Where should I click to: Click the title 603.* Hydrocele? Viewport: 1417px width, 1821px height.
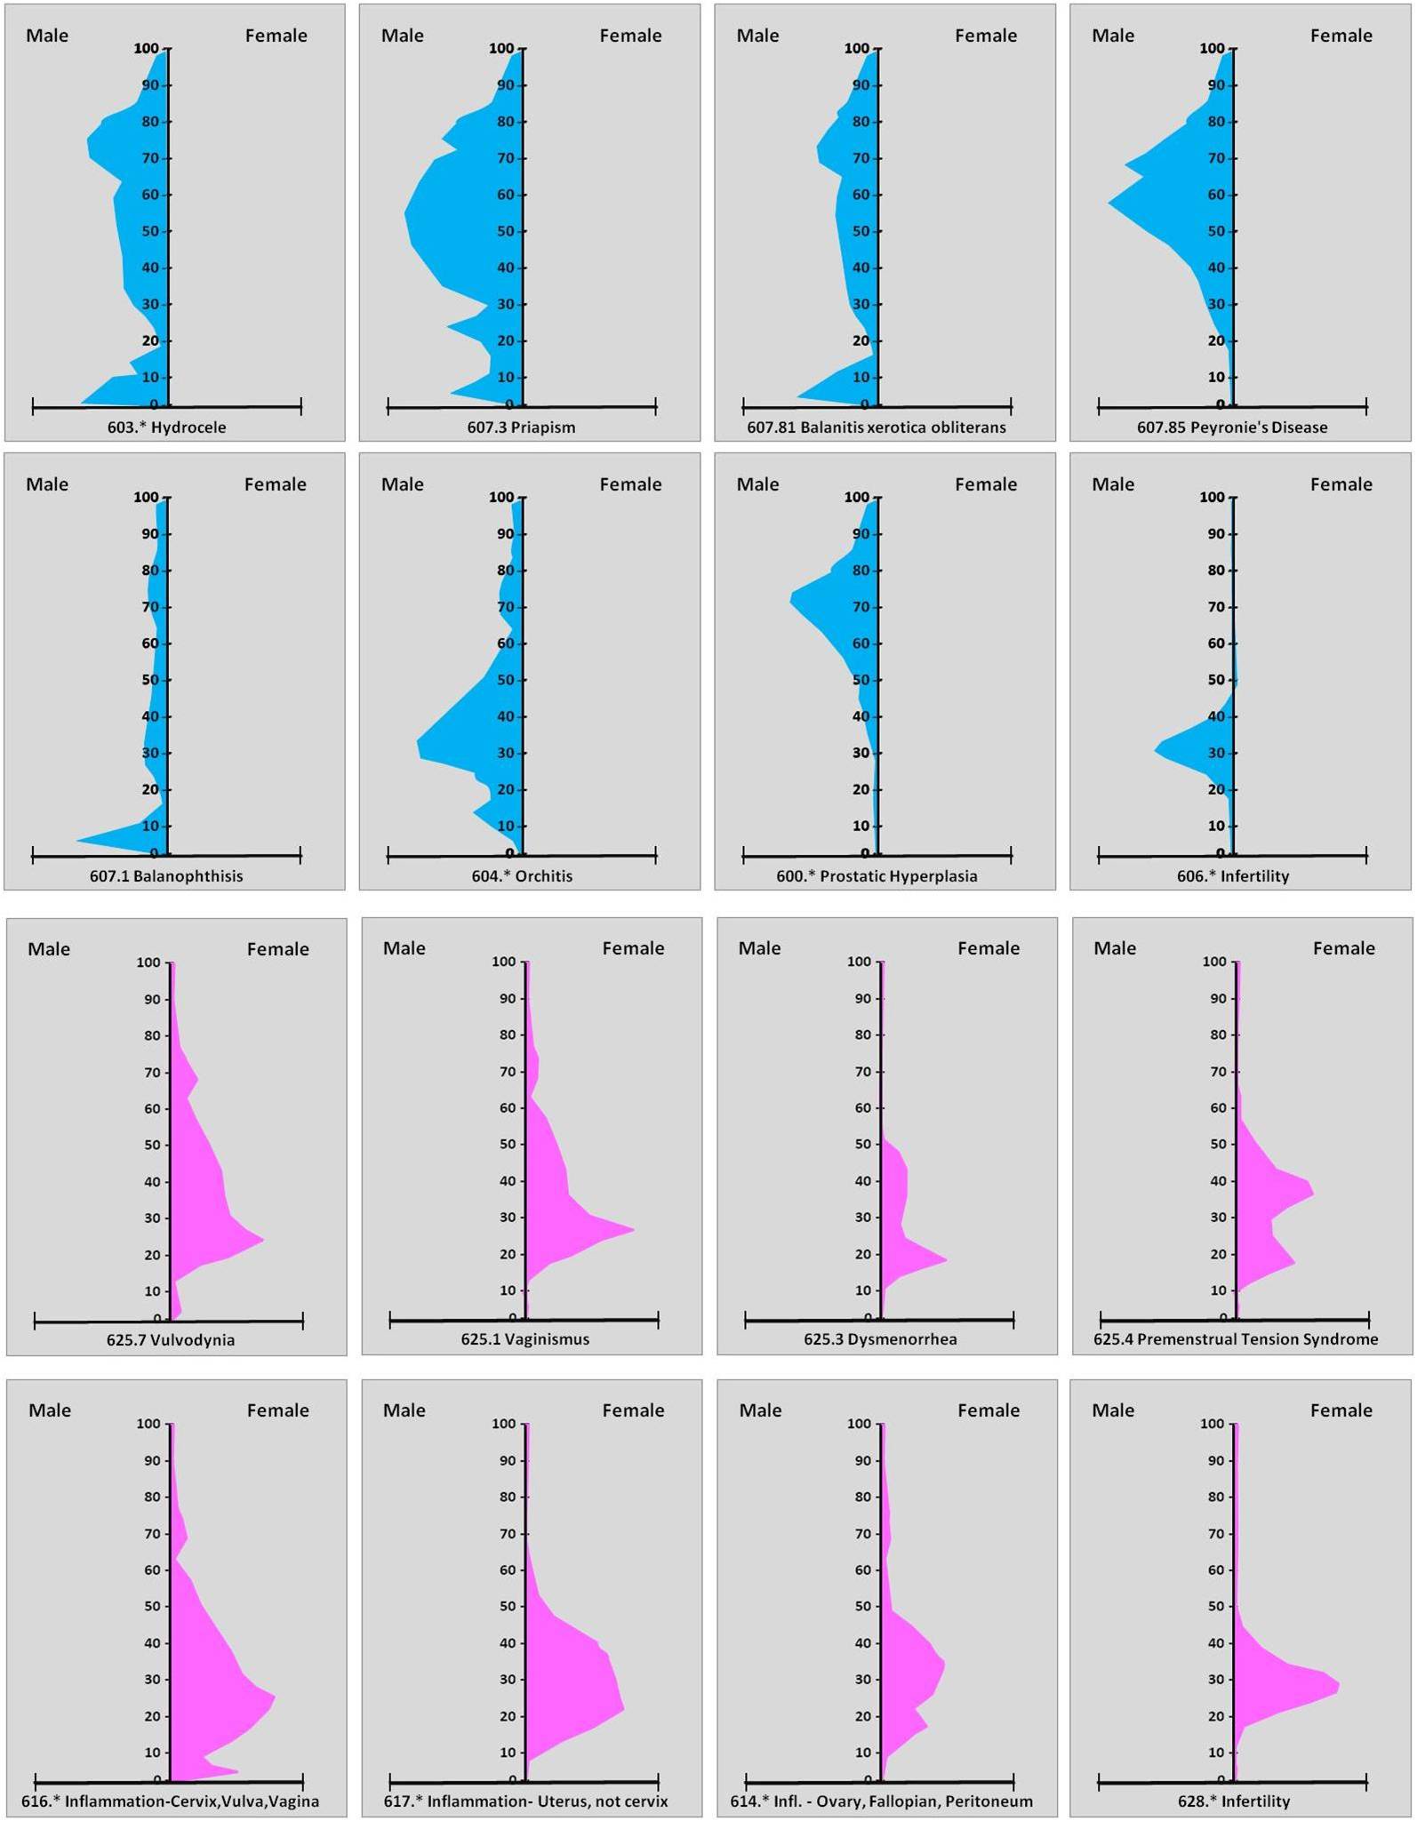166,427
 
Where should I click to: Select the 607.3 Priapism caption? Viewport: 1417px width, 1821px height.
521,427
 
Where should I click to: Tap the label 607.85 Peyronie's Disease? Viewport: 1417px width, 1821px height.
1232,427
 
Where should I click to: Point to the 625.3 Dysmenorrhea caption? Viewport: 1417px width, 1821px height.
880,1339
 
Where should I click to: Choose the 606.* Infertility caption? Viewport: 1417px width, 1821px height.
1232,876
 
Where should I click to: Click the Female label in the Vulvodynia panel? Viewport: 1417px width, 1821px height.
278,949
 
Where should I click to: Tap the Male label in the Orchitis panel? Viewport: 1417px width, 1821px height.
402,484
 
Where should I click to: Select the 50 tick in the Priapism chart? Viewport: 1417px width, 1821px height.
506,231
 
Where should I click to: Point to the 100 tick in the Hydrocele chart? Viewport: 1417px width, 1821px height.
146,49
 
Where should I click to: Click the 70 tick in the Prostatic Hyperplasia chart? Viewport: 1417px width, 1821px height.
861,607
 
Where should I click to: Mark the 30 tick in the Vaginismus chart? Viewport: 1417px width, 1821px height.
507,1218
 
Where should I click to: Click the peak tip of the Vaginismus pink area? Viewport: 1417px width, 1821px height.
633,1230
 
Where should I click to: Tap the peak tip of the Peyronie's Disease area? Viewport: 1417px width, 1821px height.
1109,203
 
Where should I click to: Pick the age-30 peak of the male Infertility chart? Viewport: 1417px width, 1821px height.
1156,751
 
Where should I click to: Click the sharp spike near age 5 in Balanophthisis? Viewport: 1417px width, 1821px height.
77,840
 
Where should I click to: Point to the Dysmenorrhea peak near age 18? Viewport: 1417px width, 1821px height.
946,1259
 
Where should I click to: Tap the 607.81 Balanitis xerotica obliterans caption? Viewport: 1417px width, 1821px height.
877,427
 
